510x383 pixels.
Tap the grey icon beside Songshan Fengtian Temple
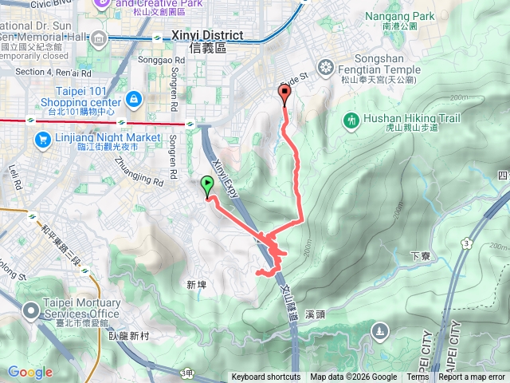[325, 66]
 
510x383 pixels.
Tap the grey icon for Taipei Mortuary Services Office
[31, 309]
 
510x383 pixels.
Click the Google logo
[30, 373]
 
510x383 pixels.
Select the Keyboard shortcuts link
[266, 377]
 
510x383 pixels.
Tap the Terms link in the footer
[418, 377]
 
